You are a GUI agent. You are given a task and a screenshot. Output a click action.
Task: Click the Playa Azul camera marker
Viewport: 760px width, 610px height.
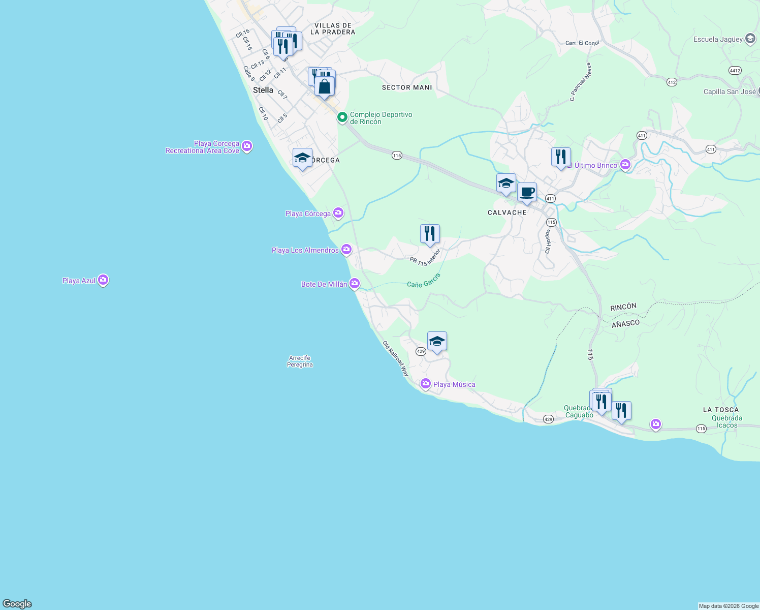[x=103, y=280]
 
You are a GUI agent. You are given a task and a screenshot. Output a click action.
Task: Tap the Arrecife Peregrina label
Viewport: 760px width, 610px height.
[x=300, y=361]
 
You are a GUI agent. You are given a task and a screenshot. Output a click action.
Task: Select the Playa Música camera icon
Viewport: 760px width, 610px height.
[x=426, y=384]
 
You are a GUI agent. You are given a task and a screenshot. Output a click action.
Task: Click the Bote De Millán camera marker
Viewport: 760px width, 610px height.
[x=355, y=284]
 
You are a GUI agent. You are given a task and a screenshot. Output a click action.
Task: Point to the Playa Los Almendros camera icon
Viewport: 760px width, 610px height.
[x=346, y=250]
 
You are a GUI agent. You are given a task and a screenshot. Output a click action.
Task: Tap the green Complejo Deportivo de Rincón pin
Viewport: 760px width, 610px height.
[x=342, y=117]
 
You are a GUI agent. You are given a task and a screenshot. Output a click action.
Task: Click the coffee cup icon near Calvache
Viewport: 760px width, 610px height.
[x=527, y=193]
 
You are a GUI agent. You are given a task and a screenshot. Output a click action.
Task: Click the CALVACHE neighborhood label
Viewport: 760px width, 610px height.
[x=507, y=212]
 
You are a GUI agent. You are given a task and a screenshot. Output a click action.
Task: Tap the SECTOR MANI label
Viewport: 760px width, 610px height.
[x=407, y=87]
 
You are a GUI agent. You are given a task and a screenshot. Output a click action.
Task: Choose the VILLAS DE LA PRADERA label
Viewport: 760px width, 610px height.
[x=333, y=28]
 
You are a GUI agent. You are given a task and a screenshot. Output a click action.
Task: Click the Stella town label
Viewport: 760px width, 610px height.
[x=263, y=90]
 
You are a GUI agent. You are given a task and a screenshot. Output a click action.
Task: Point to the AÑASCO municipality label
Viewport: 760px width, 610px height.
[x=625, y=323]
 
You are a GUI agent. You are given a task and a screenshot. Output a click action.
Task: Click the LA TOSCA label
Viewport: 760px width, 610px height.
[x=721, y=410]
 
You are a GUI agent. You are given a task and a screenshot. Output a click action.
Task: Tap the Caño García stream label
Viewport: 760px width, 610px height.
[x=424, y=280]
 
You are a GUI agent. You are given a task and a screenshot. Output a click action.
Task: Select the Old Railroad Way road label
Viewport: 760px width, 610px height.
[x=396, y=358]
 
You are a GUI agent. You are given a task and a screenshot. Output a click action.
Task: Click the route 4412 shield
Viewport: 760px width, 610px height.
[x=735, y=70]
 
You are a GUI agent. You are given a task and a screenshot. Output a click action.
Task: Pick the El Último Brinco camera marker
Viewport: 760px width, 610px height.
[x=625, y=165]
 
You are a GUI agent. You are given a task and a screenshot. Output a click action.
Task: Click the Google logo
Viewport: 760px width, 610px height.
[x=17, y=604]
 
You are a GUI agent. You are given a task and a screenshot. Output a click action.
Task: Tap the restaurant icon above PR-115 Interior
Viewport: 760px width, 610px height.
[x=430, y=234]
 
